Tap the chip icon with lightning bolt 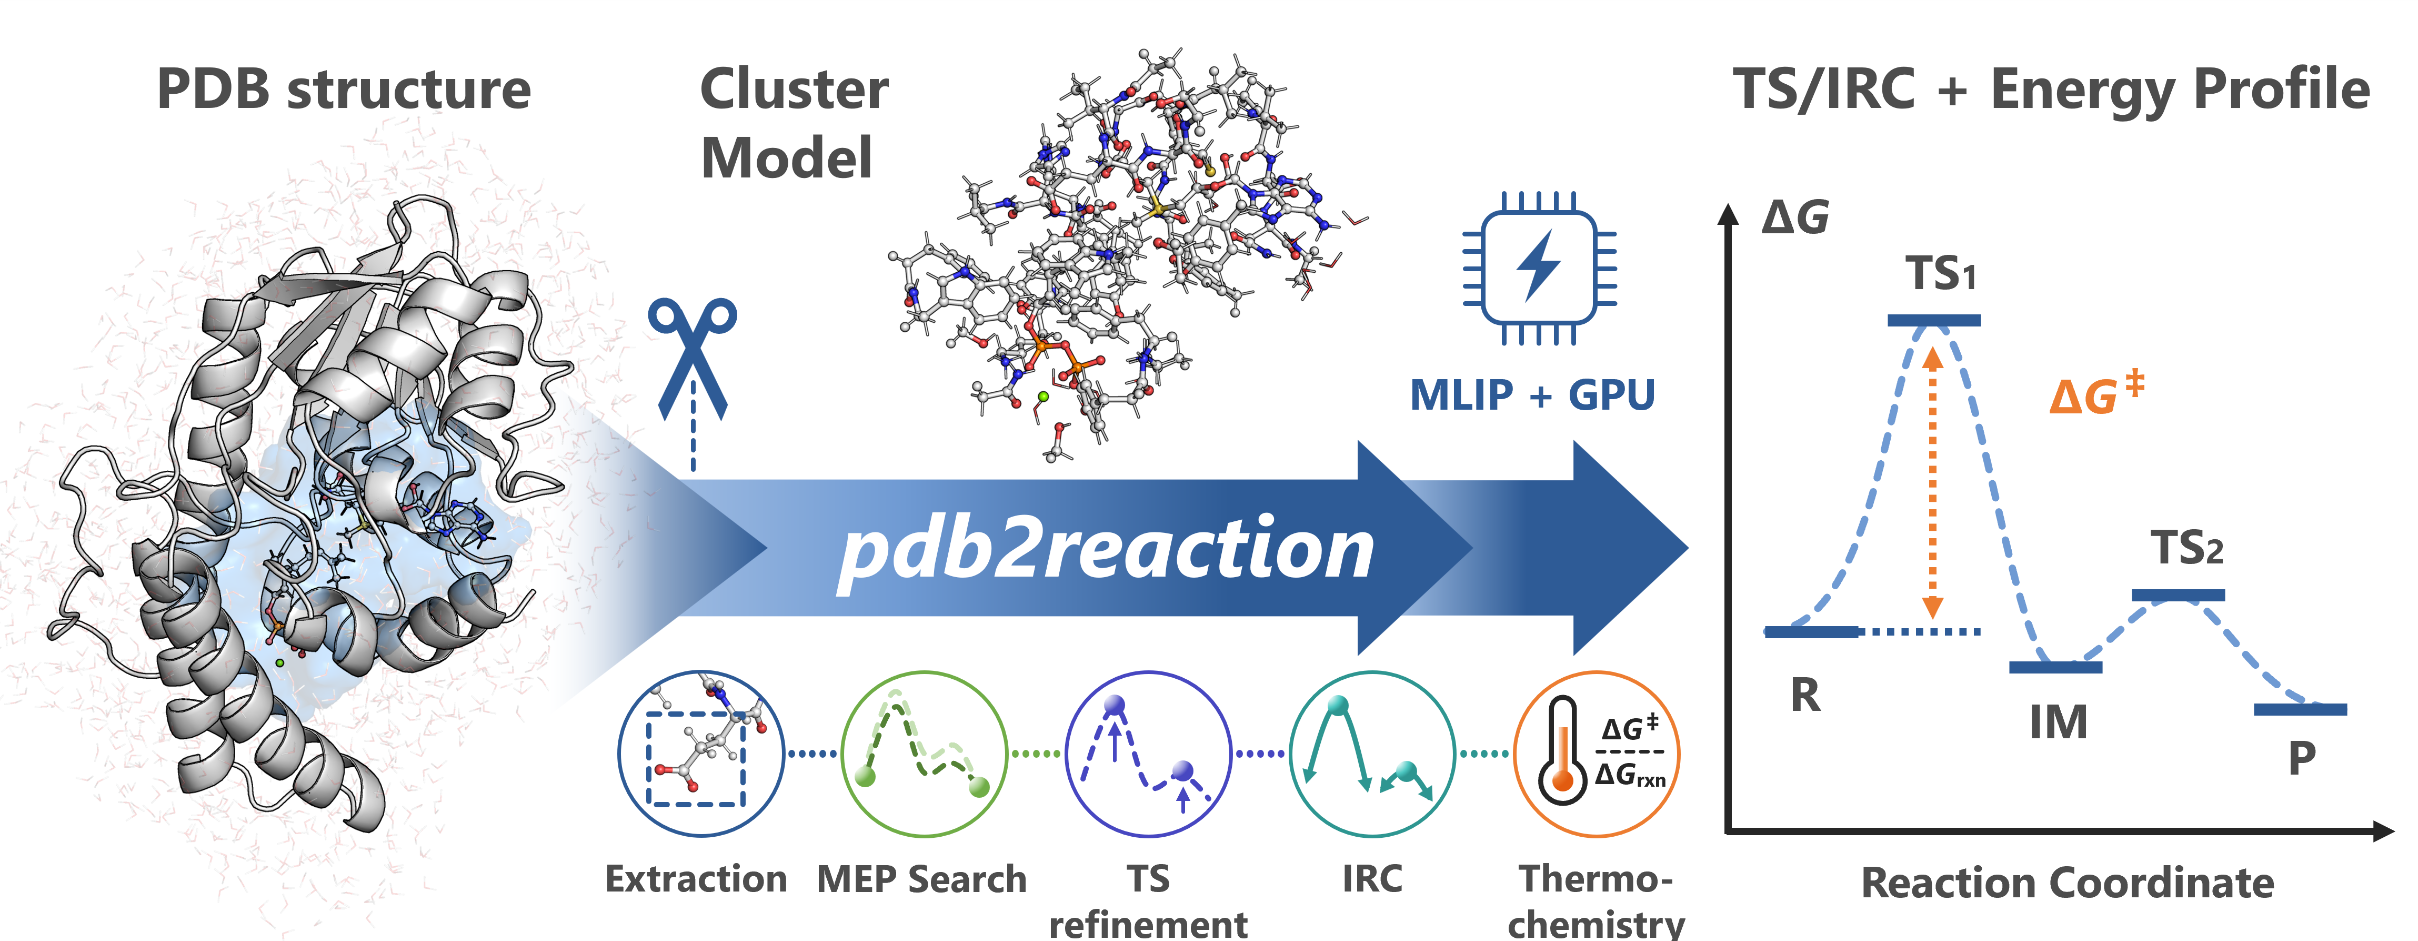pos(1539,268)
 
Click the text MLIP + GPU pos(1532,395)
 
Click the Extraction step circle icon pos(700,753)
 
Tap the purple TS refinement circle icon pos(1148,753)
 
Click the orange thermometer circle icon pos(1596,753)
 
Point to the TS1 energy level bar pos(1934,320)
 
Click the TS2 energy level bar pos(2178,595)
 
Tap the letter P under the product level pos(2302,757)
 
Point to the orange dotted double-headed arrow pos(1932,483)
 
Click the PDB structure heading pos(344,90)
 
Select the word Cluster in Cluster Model pos(794,90)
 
